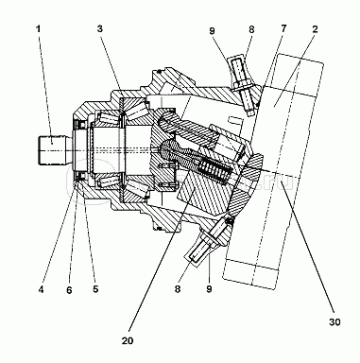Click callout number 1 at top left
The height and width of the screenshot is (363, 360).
pos(38,29)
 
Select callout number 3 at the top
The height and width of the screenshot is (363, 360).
pos(100,29)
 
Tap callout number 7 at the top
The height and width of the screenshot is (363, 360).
pos(283,28)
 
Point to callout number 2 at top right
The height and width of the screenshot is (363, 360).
pos(315,29)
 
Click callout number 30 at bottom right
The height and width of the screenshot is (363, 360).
pos(334,322)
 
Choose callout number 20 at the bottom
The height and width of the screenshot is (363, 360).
pos(128,340)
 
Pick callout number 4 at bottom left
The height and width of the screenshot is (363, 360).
pos(41,289)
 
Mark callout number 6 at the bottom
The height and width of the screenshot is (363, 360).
pos(69,289)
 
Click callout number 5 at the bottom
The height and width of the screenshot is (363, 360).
pos(95,289)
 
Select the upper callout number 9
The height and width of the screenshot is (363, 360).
pos(212,30)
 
